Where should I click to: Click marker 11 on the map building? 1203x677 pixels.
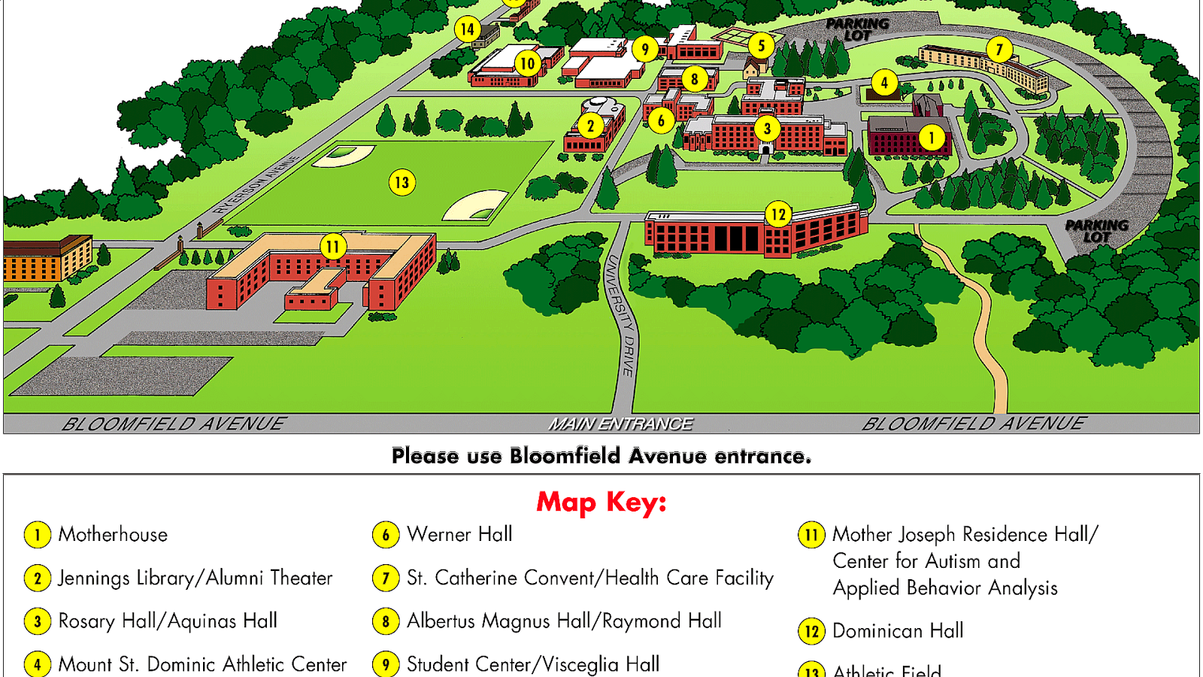click(332, 246)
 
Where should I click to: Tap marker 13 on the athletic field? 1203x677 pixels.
click(402, 182)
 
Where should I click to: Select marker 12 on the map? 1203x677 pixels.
click(778, 214)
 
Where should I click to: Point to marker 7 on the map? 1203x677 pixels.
click(999, 50)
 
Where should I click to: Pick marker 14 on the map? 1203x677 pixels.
click(467, 29)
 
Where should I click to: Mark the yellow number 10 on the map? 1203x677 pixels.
click(527, 64)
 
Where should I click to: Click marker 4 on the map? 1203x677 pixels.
click(884, 83)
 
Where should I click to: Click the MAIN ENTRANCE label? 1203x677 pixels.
click(620, 424)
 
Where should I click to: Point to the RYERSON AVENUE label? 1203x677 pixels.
click(256, 185)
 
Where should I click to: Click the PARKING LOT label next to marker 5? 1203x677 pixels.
click(857, 29)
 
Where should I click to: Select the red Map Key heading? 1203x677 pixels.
click(601, 502)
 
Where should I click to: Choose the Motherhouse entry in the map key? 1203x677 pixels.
click(113, 535)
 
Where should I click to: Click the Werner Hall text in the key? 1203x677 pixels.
click(459, 535)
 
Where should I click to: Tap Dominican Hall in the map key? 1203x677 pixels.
click(898, 631)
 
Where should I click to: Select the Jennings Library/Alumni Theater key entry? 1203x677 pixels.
click(195, 578)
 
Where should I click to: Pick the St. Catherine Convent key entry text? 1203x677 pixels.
click(590, 578)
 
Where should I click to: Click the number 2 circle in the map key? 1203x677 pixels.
click(38, 578)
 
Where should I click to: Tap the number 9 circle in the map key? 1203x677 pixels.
click(386, 665)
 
